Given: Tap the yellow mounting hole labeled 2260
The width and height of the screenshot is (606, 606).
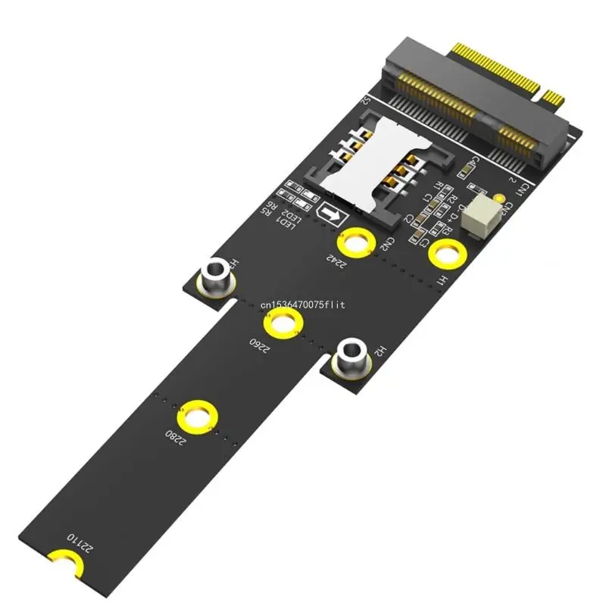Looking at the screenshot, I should pyautogui.click(x=283, y=326).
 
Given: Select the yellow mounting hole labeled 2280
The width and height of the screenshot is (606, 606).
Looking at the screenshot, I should pyautogui.click(x=198, y=418).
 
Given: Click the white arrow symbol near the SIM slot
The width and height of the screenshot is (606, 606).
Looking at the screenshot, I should pyautogui.click(x=330, y=215).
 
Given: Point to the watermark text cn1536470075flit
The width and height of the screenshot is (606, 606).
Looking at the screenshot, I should pyautogui.click(x=302, y=305).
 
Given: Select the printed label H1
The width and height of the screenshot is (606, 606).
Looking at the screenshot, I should pyautogui.click(x=442, y=280).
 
